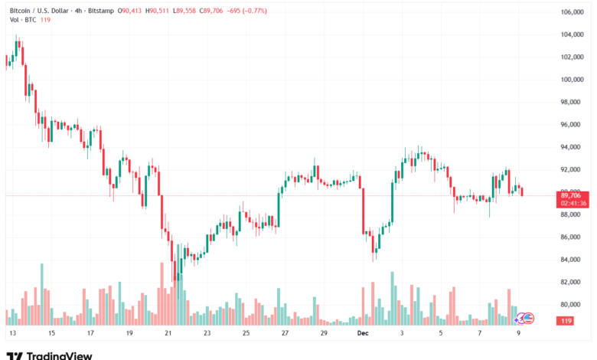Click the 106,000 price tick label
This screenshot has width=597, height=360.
click(x=573, y=12)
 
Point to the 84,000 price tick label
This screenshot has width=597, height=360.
click(x=573, y=260)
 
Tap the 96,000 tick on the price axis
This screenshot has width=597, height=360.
click(x=573, y=124)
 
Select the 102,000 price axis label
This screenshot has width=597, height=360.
click(x=573, y=57)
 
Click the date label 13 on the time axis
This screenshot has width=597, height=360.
click(x=12, y=334)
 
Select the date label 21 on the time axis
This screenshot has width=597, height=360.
click(x=168, y=334)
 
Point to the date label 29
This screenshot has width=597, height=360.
click(x=324, y=334)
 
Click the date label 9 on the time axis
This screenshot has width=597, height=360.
click(x=518, y=334)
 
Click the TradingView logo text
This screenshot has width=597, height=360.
click(x=59, y=355)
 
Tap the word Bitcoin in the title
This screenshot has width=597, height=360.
click(x=19, y=11)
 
